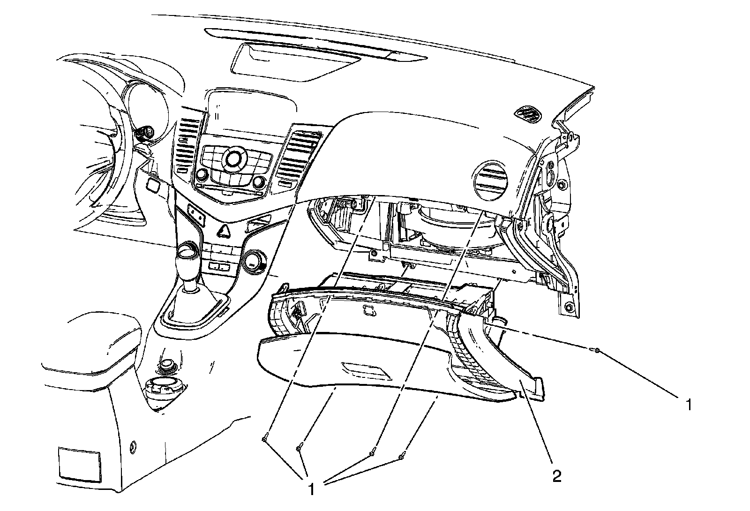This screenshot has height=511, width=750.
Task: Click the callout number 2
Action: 556,477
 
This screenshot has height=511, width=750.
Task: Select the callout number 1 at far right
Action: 688,405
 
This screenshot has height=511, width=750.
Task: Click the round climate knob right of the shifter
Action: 254,261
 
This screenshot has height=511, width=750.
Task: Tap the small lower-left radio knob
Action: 202,175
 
